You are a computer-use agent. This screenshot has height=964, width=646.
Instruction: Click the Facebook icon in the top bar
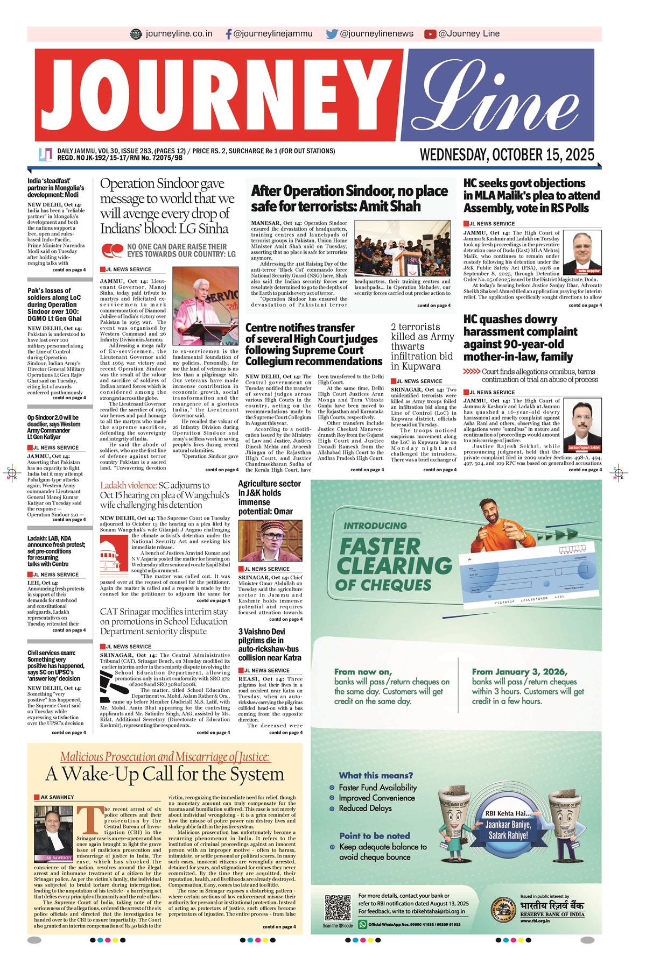[229, 34]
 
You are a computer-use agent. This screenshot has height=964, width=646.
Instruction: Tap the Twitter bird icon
[332, 34]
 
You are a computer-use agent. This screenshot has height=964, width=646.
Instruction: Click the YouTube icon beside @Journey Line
[430, 34]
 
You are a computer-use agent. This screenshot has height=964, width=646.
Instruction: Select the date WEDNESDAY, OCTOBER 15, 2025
[507, 155]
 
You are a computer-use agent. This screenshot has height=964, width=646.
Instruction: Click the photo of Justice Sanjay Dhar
[586, 254]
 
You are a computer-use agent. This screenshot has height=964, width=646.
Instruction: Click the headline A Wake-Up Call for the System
[164, 774]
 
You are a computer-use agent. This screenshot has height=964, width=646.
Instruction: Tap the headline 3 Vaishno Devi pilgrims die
[270, 644]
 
